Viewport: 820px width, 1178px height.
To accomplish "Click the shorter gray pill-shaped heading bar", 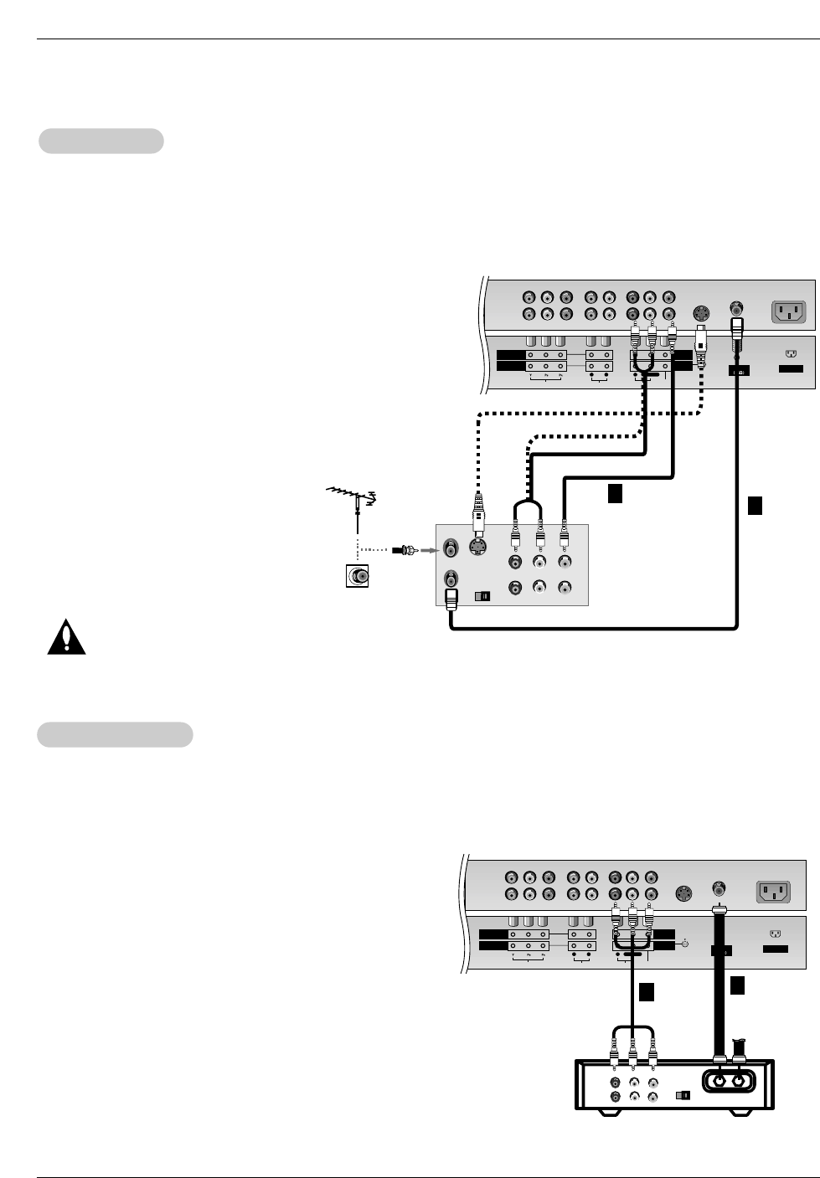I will click(101, 141).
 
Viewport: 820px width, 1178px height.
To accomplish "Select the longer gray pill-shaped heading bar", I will click(116, 734).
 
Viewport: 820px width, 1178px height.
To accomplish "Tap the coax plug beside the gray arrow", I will click(406, 550).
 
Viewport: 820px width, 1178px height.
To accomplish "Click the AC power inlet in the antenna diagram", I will click(787, 311).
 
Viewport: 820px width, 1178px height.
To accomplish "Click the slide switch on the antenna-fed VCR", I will click(482, 597).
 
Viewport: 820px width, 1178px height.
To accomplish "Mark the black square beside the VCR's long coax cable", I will click(755, 505).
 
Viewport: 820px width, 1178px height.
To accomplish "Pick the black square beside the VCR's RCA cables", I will click(615, 494).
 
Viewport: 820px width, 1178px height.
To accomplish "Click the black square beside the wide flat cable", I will click(737, 986).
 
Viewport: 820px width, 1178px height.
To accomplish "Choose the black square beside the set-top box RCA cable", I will click(646, 992).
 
